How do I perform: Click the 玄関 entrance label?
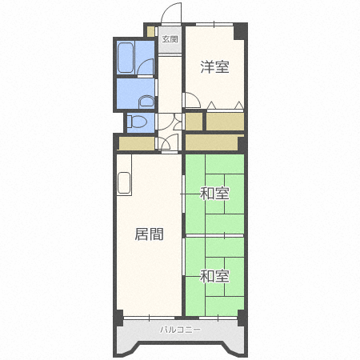(x=170, y=38)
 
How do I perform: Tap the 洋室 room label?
(x=214, y=67)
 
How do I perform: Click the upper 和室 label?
(x=214, y=194)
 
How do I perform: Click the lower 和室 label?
(x=214, y=277)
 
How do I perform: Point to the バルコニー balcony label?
(x=180, y=330)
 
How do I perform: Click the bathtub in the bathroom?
(x=126, y=58)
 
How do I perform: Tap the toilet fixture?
(x=138, y=122)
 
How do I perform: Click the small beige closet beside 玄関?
(x=150, y=31)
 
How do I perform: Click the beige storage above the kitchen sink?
(x=136, y=143)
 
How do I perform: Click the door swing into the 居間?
(x=167, y=143)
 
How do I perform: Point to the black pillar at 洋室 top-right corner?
(x=242, y=30)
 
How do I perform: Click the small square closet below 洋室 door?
(x=194, y=121)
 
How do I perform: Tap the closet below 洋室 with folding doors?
(x=225, y=121)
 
